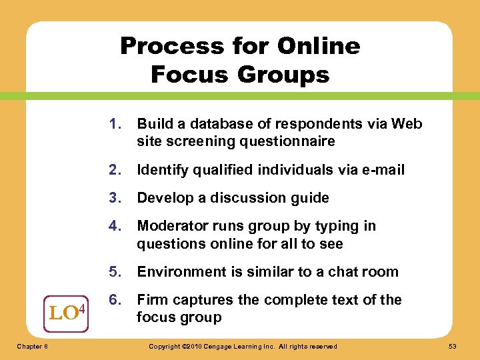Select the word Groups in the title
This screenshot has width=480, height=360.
(287, 74)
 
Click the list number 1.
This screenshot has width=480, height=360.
(117, 124)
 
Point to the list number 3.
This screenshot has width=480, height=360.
(117, 198)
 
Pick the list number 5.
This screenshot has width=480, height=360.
(117, 272)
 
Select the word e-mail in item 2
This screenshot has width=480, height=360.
(381, 170)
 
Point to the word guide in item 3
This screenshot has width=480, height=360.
(311, 198)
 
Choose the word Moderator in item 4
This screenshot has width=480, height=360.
(170, 226)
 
